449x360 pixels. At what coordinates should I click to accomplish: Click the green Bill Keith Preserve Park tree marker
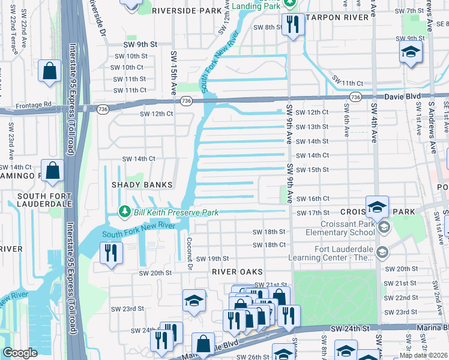[124, 211]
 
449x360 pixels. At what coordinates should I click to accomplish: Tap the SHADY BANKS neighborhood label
[142, 185]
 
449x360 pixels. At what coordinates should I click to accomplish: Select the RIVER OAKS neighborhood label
[237, 272]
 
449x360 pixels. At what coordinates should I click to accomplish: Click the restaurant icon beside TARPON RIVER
[292, 25]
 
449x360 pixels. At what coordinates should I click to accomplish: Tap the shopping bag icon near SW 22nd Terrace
[50, 71]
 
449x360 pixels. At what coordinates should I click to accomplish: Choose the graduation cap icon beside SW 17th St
[377, 207]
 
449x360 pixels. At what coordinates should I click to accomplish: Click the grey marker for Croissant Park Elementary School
[384, 227]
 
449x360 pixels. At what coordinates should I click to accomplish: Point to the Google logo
[20, 353]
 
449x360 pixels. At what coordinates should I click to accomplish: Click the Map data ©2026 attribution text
[423, 355]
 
